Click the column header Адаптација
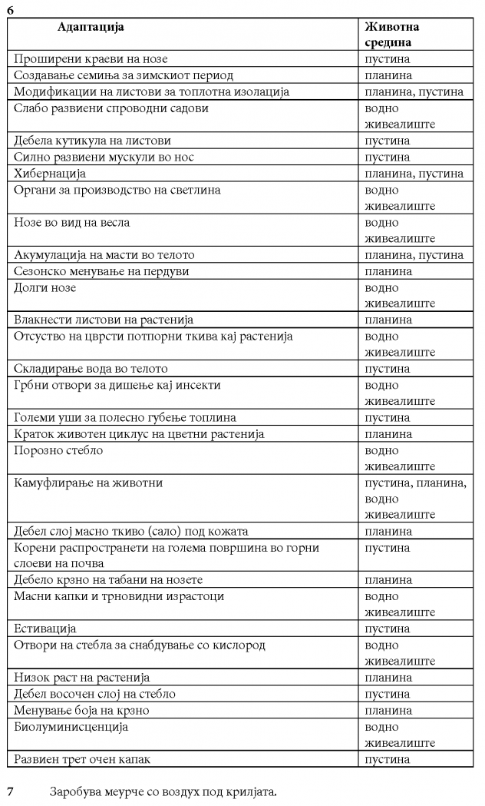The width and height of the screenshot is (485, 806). [x=90, y=27]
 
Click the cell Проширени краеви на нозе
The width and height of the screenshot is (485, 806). [x=91, y=59]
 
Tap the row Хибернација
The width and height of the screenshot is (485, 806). [x=50, y=174]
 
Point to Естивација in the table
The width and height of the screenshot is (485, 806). [x=45, y=629]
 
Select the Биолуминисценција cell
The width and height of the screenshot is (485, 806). [x=71, y=727]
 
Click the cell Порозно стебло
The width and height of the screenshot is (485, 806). [x=58, y=451]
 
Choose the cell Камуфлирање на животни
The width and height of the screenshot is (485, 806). [x=88, y=483]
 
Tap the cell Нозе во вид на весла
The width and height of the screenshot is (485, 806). [x=72, y=223]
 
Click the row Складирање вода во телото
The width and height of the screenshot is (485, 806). [x=91, y=369]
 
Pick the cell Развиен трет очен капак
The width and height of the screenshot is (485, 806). [x=82, y=759]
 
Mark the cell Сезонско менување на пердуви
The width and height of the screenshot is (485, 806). [x=101, y=271]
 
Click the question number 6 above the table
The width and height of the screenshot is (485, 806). [x=10, y=10]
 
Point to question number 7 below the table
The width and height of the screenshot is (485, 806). [x=10, y=791]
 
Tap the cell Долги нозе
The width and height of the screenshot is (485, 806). [x=45, y=288]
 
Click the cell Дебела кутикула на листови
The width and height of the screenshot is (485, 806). [x=92, y=141]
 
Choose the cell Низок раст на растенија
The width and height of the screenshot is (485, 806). [x=82, y=678]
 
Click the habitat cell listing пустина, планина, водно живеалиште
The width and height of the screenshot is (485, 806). [x=415, y=499]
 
